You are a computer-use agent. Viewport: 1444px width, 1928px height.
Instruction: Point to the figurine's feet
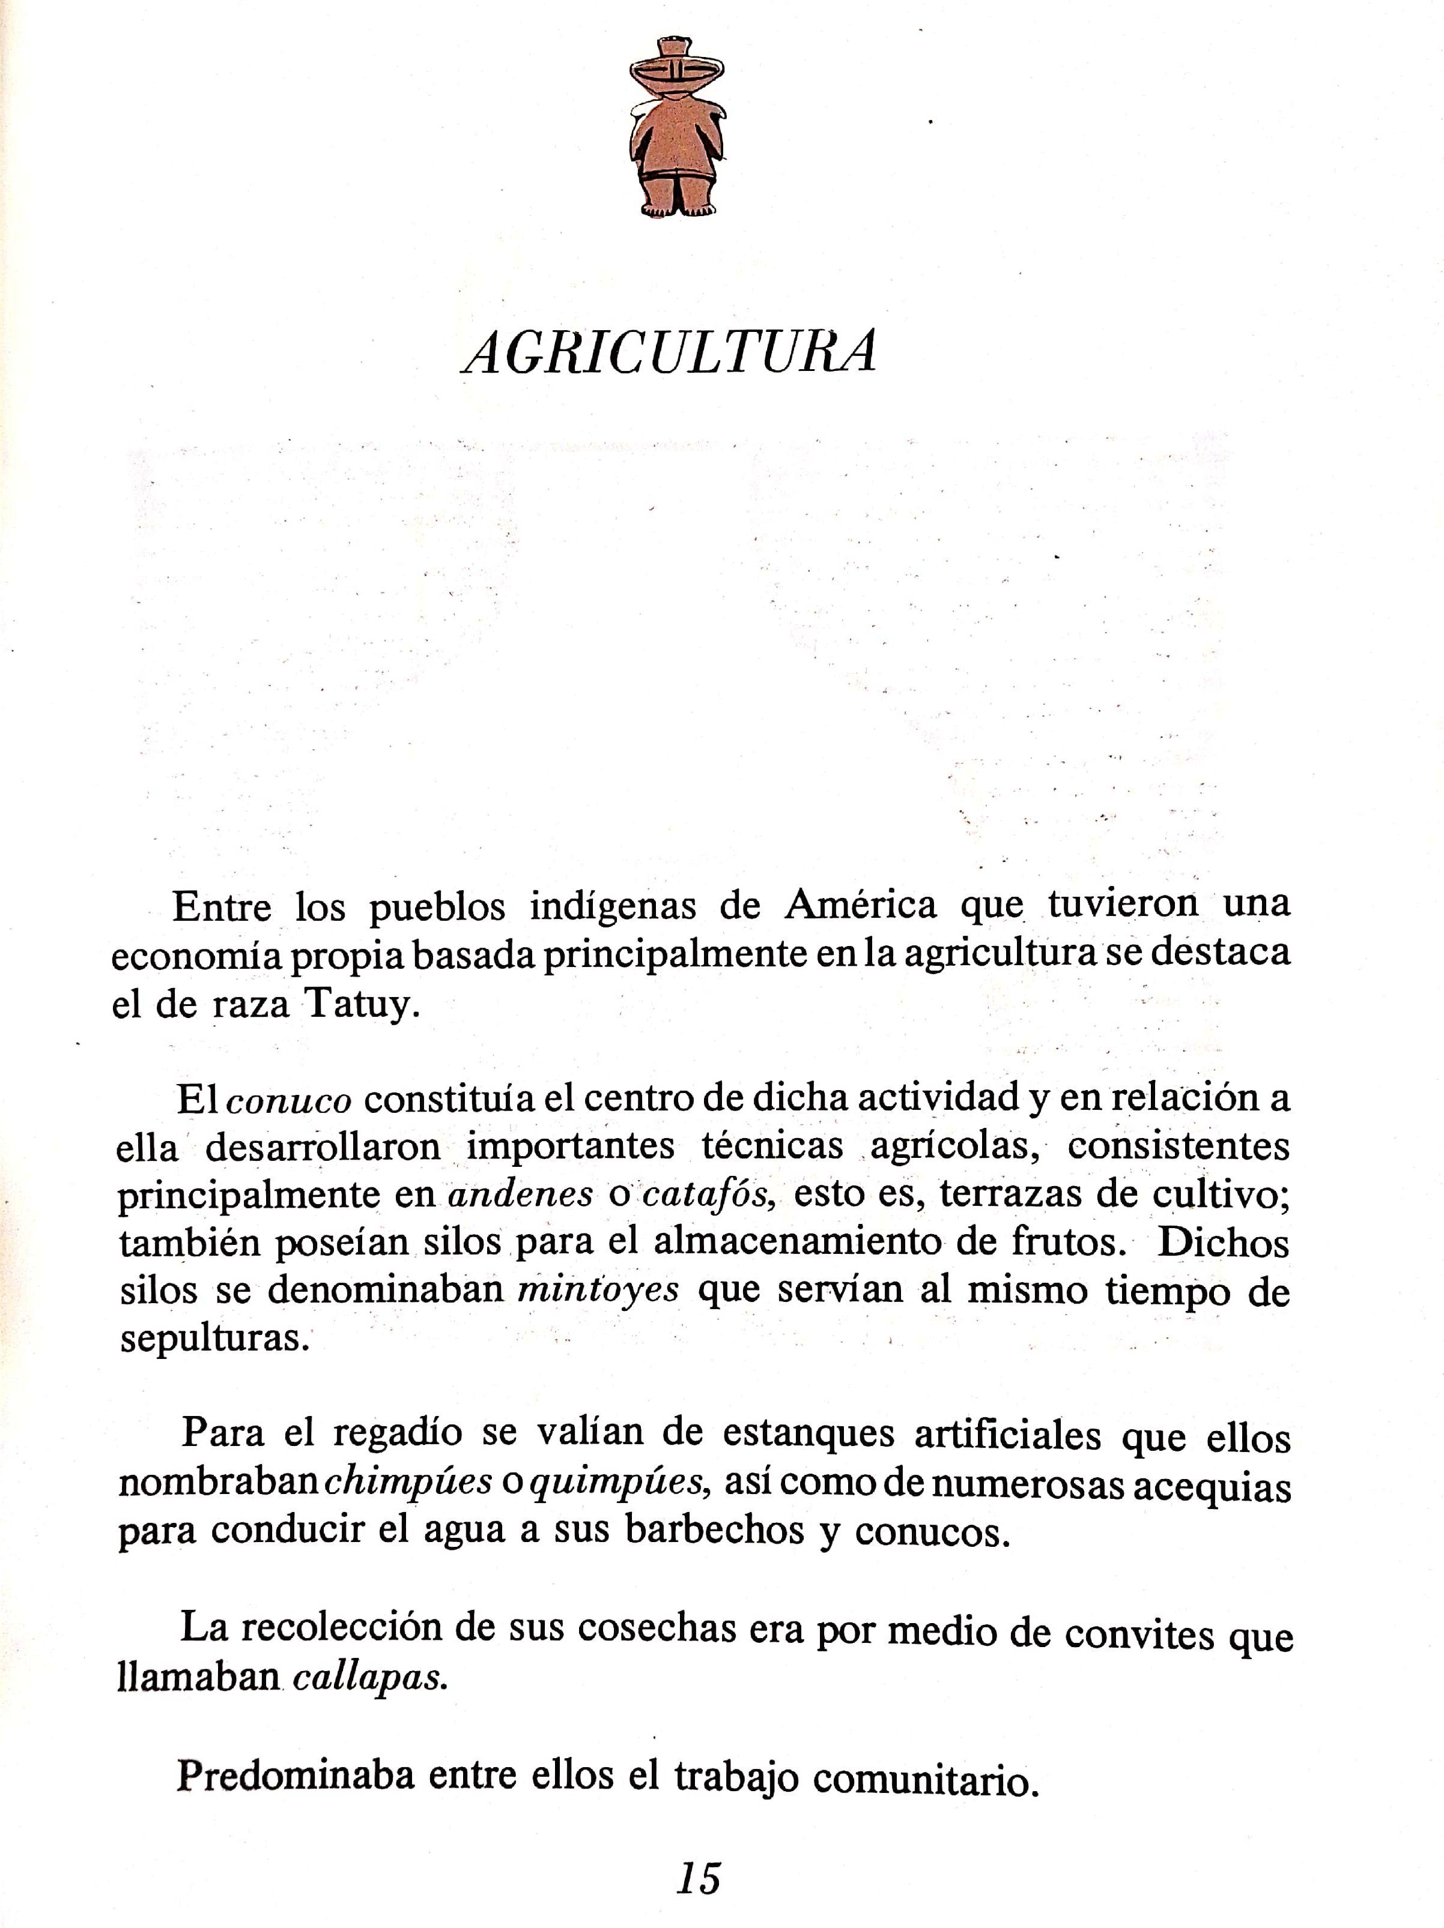coord(678,208)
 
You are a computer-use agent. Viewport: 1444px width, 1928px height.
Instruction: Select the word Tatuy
coord(357,1006)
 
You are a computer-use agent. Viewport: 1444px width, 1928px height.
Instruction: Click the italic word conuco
coord(289,1101)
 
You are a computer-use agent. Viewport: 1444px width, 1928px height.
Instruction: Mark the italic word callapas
coord(370,1679)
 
